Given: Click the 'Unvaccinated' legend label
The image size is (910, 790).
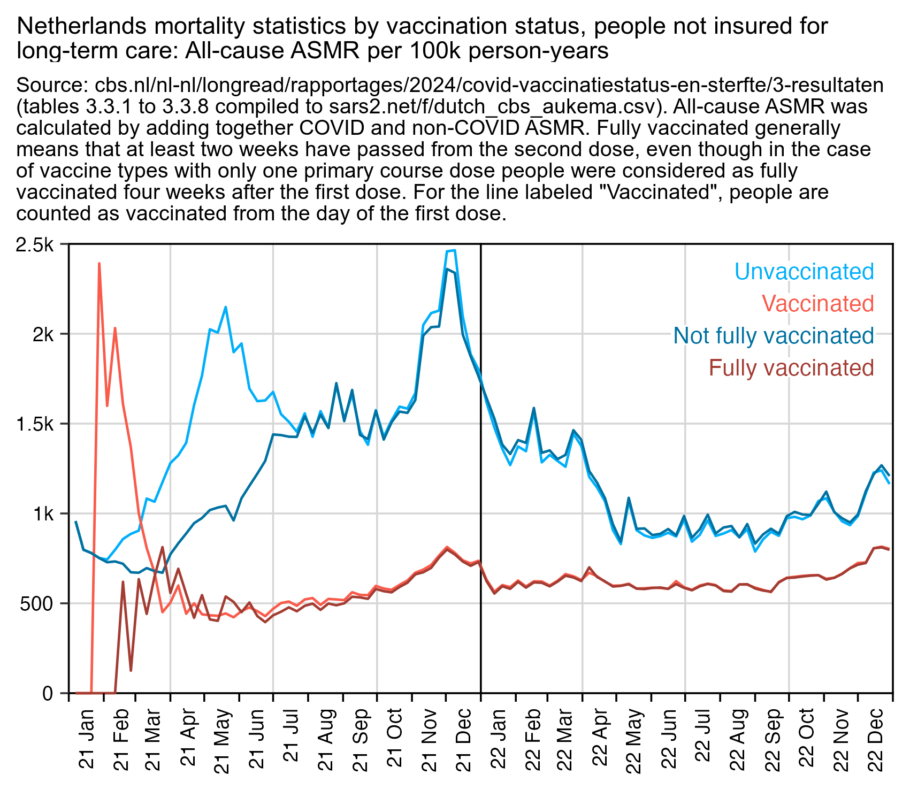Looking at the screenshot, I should click(804, 272).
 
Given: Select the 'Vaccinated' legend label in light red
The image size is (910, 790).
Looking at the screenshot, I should click(817, 304).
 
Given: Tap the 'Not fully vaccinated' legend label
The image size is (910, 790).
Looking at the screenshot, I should click(774, 336).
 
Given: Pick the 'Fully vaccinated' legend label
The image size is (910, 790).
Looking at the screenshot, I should click(791, 368).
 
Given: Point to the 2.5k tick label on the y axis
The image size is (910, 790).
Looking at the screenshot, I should click(35, 245).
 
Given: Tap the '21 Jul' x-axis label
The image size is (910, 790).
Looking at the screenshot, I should click(291, 730).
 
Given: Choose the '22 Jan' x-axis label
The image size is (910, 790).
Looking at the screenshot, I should click(498, 730).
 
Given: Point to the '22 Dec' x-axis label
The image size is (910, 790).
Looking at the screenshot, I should click(875, 730).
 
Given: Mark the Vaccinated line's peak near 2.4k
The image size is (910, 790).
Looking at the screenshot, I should click(100, 263).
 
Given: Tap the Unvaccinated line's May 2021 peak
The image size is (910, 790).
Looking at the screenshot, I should click(226, 308).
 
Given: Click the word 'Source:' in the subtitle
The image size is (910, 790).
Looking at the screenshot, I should click(53, 86).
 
